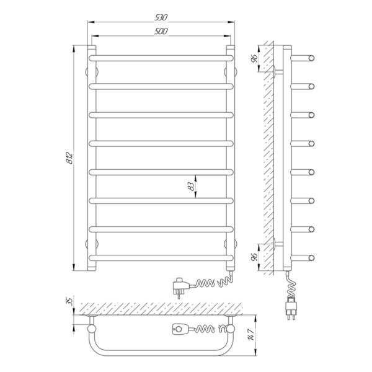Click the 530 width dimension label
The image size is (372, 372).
coord(161,17)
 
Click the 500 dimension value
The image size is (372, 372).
coord(161,32)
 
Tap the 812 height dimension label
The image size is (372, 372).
coord(69,157)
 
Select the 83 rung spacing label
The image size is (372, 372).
coord(191,187)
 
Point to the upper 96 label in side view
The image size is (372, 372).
coord(254,58)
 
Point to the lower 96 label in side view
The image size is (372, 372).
coord(254,257)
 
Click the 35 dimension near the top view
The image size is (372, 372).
coord(69,301)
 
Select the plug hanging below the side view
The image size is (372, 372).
coord(291,307)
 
